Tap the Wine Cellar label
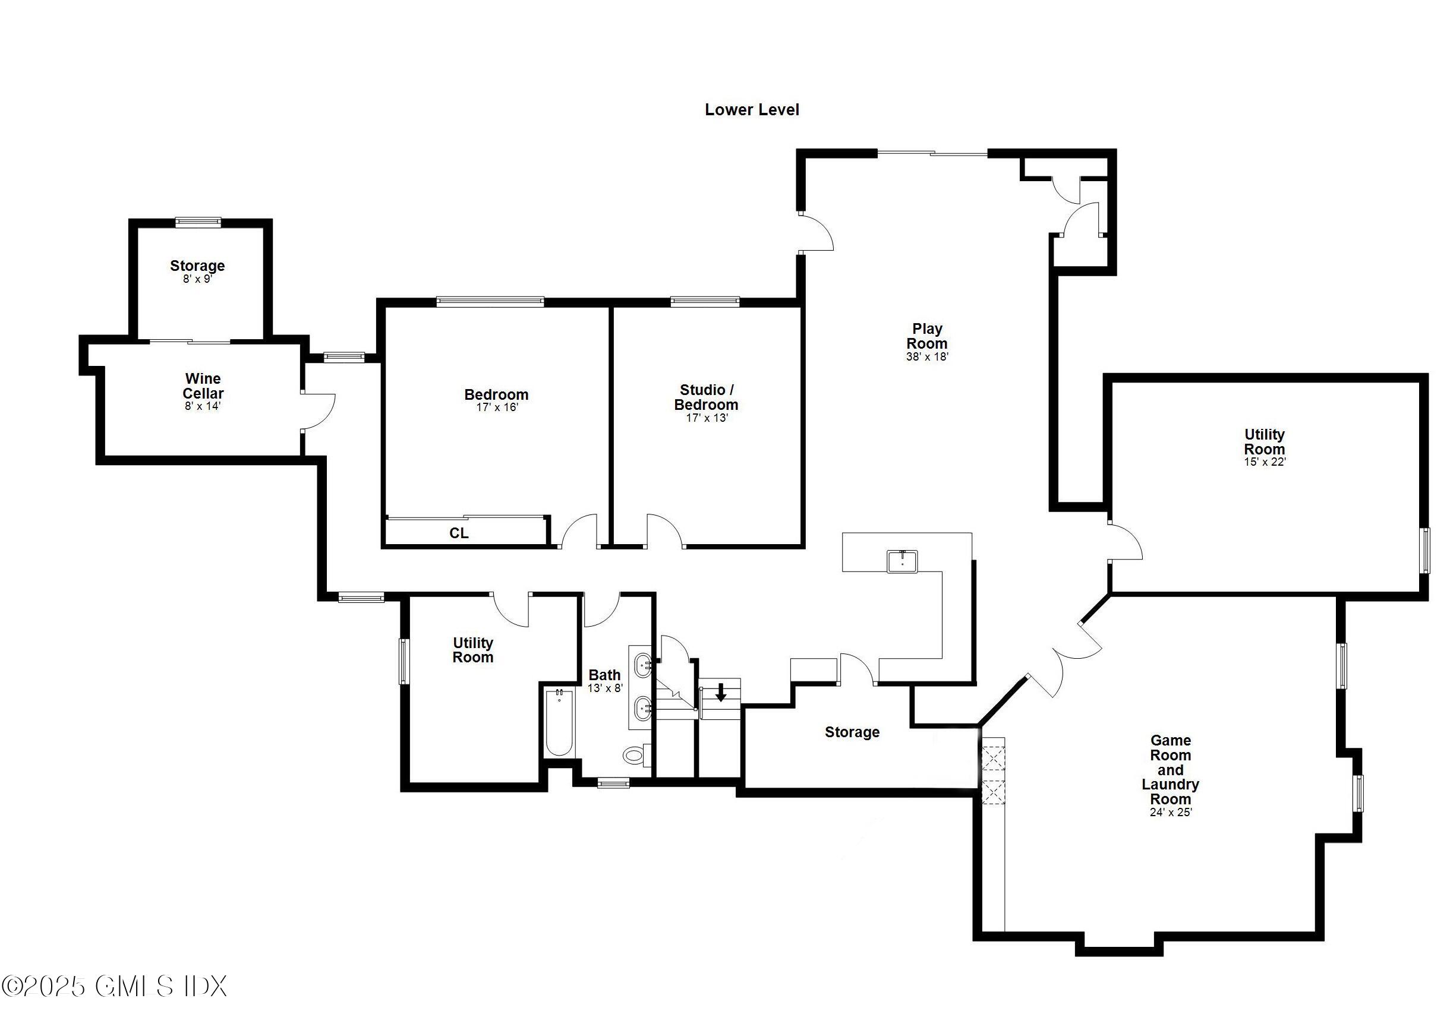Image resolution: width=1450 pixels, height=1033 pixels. click(203, 386)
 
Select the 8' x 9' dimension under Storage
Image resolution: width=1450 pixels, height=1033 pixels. click(197, 279)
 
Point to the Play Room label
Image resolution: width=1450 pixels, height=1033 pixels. click(927, 336)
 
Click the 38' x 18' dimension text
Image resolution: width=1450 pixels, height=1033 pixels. click(927, 357)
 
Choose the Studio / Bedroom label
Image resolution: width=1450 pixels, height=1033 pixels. click(706, 397)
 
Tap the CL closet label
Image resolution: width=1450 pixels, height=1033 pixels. click(459, 533)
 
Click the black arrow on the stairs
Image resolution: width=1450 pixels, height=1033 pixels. click(721, 692)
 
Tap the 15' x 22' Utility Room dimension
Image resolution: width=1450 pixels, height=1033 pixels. click(1265, 462)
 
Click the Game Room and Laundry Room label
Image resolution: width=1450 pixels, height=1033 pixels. click(1170, 769)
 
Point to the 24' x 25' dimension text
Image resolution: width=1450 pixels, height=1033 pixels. click(1170, 812)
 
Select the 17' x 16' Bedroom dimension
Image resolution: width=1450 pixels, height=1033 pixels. click(497, 407)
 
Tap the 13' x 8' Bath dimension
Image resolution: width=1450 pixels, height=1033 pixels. click(604, 688)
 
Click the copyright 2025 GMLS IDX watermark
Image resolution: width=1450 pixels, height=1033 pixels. click(115, 986)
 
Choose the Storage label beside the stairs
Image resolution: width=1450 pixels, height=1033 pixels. click(852, 732)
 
